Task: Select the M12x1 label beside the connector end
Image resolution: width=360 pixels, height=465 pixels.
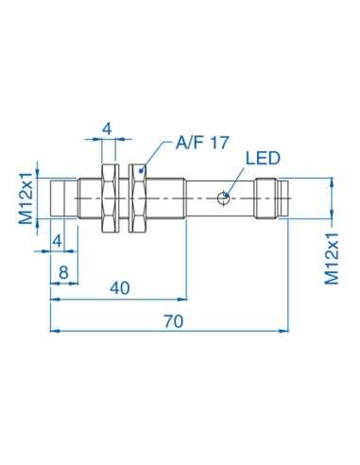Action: [x=332, y=256]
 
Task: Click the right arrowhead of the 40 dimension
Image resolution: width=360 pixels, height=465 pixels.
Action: [x=185, y=300]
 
